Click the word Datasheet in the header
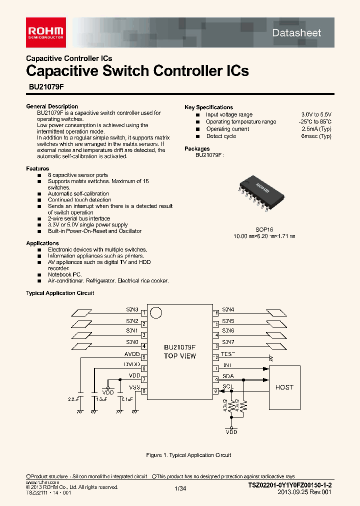pyautogui.click(x=296, y=32)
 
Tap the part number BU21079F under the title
pyautogui.click(x=43, y=86)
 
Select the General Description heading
pyautogui.click(x=52, y=106)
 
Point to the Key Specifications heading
pyautogui.click(x=208, y=107)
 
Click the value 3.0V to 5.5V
pyautogui.click(x=316, y=114)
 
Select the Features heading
pyautogui.click(x=37, y=168)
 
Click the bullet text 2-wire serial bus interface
pyautogui.click(x=79, y=218)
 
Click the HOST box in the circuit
pyautogui.click(x=284, y=387)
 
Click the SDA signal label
pyautogui.click(x=228, y=376)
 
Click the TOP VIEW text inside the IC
pyautogui.click(x=179, y=356)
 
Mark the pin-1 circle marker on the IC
pyautogui.click(x=156, y=313)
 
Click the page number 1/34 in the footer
pyautogui.click(x=180, y=489)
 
